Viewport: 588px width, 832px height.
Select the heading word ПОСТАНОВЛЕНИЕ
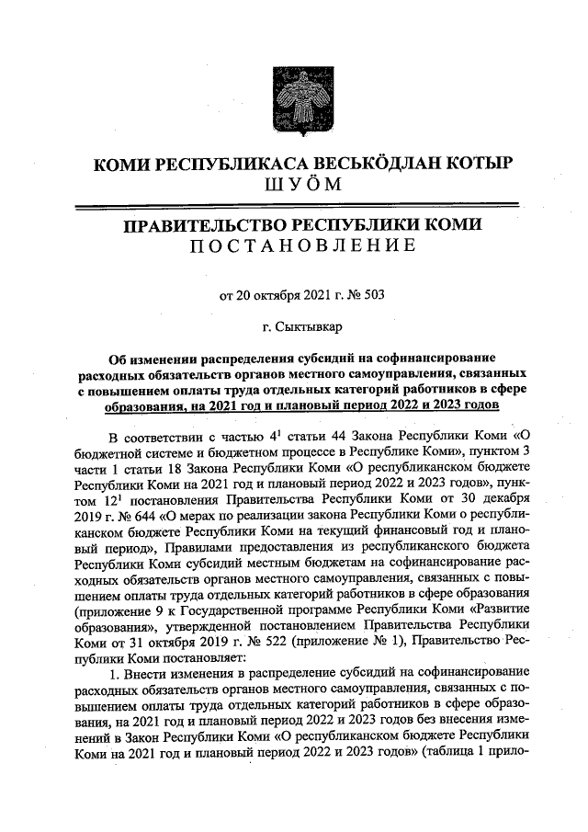point(293,245)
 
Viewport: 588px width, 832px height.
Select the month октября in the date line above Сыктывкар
point(277,295)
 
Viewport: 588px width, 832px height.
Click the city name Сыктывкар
point(300,325)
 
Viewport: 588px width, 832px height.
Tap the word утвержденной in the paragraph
point(201,627)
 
